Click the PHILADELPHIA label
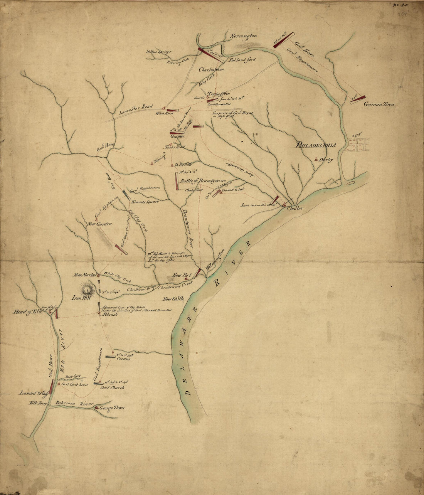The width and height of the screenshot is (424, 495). tap(316, 145)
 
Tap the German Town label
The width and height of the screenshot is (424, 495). tap(378, 104)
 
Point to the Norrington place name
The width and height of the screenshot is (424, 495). tap(243, 36)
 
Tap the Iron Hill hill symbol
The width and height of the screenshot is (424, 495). tap(88, 288)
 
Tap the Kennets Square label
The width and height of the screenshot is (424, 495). tap(145, 201)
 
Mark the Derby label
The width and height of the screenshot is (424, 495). tap(325, 160)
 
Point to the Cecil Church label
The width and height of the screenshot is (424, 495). tap(112, 388)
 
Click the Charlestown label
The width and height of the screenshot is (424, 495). tap(212, 70)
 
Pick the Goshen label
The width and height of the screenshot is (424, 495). tap(176, 137)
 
